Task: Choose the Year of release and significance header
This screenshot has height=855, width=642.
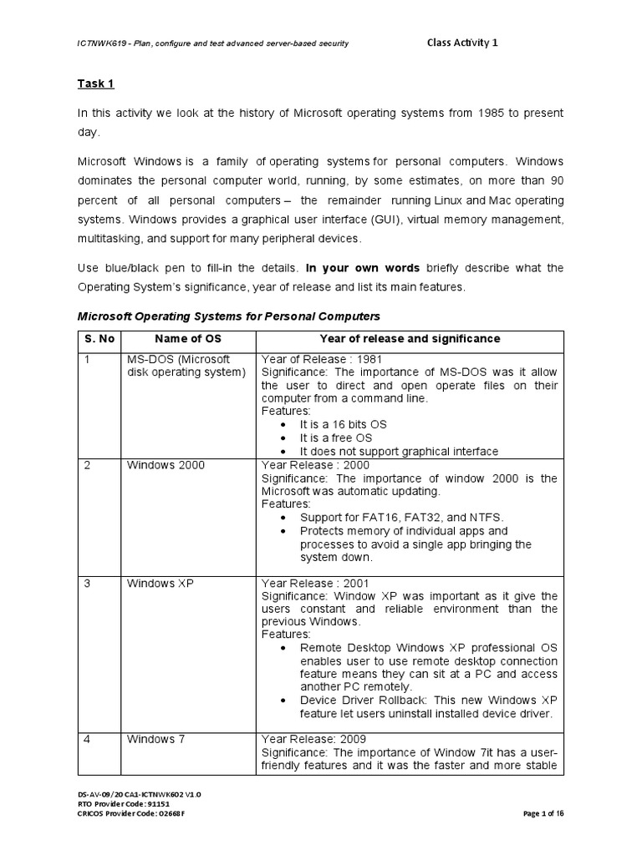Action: tap(410, 338)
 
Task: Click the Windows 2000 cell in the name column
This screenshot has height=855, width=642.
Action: tap(166, 465)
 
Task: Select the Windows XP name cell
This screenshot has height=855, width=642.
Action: tap(160, 583)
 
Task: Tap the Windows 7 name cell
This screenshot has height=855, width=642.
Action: tap(156, 739)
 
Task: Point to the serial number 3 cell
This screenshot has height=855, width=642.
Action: tap(88, 583)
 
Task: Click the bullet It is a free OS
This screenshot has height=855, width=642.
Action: tap(336, 438)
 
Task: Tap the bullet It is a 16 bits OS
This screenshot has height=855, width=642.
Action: tap(343, 424)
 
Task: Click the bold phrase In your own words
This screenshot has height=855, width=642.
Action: tap(364, 268)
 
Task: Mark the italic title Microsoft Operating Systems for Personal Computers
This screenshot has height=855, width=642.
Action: tap(228, 316)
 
